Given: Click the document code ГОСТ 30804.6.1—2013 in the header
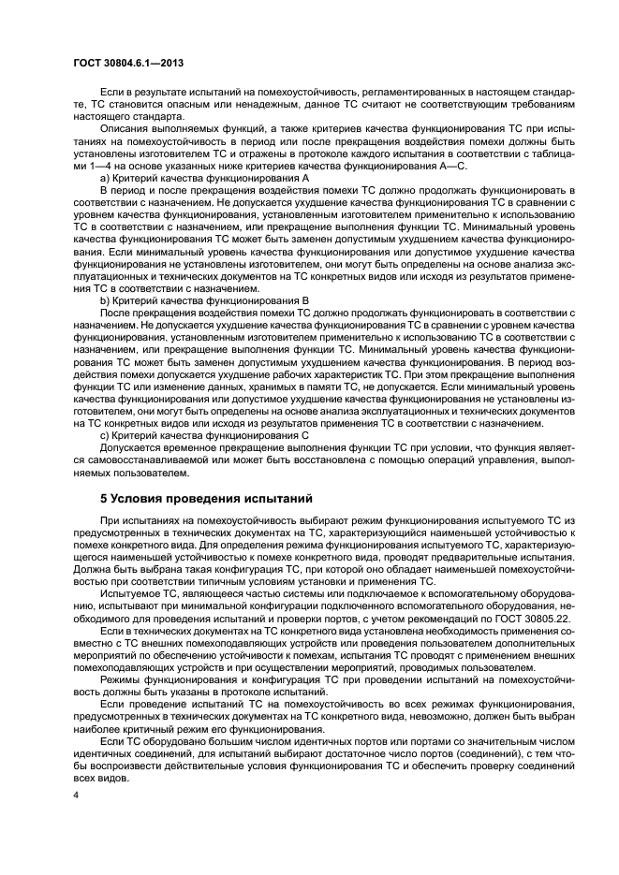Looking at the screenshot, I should (127, 62).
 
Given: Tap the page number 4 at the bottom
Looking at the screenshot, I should (77, 795).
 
